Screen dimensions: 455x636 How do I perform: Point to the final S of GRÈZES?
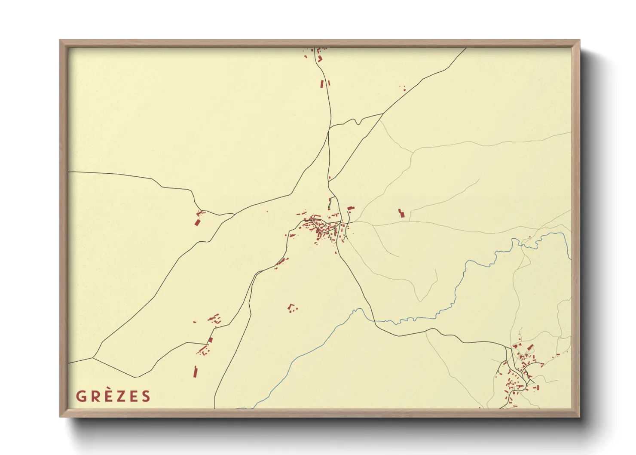pos(146,396)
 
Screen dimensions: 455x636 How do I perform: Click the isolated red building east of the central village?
pos(401,213)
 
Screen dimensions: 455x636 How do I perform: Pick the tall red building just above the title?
pos(195,371)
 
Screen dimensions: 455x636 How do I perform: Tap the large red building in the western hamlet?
pos(198,222)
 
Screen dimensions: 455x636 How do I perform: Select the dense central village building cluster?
pos(322,228)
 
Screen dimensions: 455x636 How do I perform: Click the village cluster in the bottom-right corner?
pos(520,370)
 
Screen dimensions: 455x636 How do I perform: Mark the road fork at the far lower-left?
pos(93,357)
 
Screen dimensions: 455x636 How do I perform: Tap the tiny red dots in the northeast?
pos(404,89)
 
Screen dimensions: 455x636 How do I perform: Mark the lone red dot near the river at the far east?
pos(530,237)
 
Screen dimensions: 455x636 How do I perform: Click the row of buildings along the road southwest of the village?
pos(281,261)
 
